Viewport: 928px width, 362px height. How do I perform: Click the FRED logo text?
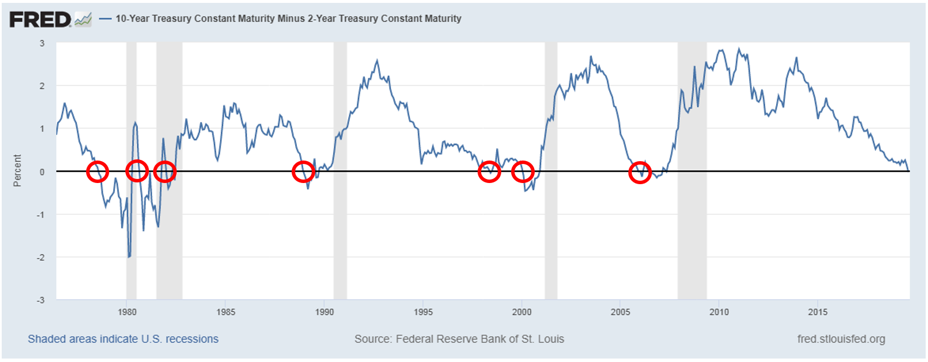coord(40,19)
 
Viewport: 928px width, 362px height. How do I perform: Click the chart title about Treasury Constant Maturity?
coord(288,18)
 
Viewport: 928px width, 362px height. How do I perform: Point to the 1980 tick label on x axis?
coord(127,312)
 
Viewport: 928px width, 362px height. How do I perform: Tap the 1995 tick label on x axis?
coord(423,312)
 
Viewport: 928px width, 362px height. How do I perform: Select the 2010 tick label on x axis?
coord(719,312)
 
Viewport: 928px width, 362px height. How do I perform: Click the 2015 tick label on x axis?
coord(818,312)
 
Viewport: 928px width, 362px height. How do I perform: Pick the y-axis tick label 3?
coord(42,43)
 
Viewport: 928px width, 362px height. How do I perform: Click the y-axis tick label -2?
coord(40,257)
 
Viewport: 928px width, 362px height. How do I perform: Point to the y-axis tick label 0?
coord(42,171)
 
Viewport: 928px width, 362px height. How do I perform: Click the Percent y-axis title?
coord(17,170)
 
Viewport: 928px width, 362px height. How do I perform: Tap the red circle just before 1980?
coord(97,171)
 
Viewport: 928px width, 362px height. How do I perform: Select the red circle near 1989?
coord(303,171)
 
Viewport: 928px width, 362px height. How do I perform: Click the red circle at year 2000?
coord(523,171)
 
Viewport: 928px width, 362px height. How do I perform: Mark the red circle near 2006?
coord(640,173)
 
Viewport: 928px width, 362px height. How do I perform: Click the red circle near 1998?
coord(489,171)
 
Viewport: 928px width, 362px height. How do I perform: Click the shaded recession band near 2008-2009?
coord(692,231)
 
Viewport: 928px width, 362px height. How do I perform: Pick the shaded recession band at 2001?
coord(551,231)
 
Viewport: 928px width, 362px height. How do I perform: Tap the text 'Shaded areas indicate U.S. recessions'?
coord(123,339)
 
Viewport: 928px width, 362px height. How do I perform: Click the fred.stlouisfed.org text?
coord(841,339)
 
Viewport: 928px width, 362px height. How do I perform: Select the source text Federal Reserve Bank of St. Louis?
coord(459,339)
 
